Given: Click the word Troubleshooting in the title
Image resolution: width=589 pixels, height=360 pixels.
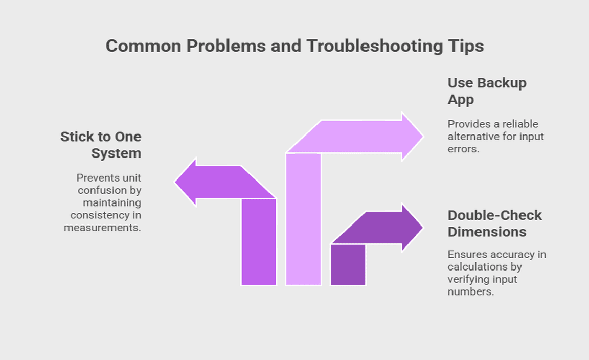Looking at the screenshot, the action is tap(375, 46).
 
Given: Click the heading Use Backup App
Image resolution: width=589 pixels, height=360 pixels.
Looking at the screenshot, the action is tap(487, 91).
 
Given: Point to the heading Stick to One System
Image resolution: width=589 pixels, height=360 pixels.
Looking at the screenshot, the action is tap(101, 145).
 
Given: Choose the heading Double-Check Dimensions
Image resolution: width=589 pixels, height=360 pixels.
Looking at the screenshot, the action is tap(495, 223).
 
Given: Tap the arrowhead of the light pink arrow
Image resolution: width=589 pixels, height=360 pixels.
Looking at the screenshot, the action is tap(413, 137).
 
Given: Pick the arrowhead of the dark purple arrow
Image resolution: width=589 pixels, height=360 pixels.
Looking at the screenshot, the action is tap(413, 228).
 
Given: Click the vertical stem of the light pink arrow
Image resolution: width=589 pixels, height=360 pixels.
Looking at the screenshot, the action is tap(304, 219).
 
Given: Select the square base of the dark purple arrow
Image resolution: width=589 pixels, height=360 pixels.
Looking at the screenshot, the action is tap(348, 264).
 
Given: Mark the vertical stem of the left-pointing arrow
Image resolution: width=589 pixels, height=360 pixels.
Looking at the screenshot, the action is tap(259, 242).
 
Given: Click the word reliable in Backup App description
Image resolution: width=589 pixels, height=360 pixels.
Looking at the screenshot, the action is tap(520, 124).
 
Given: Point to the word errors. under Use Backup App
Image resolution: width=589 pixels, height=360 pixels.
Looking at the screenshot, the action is tap(464, 149).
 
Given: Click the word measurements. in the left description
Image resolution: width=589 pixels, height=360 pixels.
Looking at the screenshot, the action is tap(103, 228).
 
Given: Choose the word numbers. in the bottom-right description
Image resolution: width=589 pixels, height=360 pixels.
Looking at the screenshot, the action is tap(471, 291).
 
